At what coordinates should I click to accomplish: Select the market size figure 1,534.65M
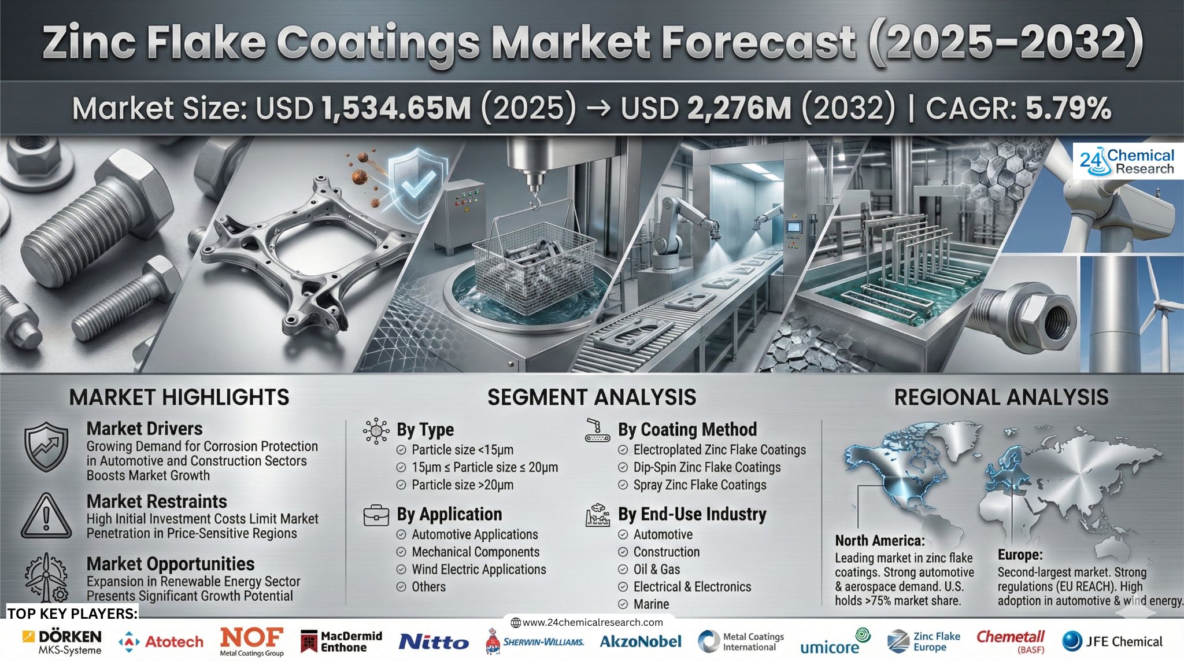pos(396,109)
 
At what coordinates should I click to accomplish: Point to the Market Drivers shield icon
pos(46,447)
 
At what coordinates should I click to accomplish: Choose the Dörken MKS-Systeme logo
pos(62,642)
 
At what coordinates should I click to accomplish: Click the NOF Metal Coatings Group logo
pos(251,642)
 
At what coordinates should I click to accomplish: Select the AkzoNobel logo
pos(641,641)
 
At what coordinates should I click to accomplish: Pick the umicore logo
pos(835,642)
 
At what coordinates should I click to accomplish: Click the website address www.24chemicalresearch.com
pos(587,622)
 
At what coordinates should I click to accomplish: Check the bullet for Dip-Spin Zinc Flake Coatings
pos(623,467)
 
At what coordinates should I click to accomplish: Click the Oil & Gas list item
pos(656,569)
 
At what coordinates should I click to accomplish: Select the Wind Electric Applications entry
pos(479,569)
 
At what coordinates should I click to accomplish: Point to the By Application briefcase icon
pos(376,515)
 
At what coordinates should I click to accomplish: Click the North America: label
pos(880,541)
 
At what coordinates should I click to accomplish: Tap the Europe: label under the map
pos(1020,555)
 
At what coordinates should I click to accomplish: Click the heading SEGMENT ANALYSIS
pos(591,397)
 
